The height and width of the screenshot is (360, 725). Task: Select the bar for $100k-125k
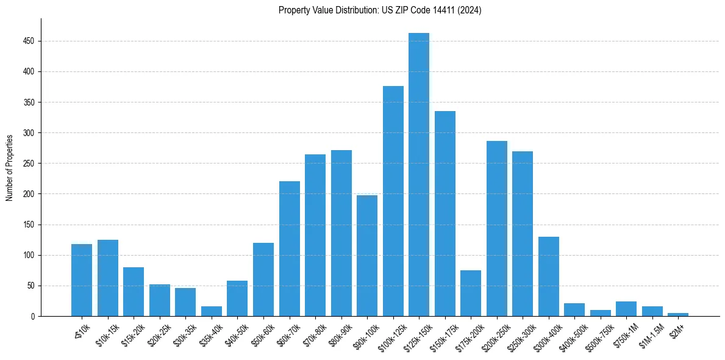tap(393, 201)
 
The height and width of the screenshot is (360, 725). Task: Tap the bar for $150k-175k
tap(445, 214)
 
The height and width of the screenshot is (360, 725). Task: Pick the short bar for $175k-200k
tap(471, 293)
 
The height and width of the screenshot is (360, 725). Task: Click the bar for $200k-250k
tap(497, 229)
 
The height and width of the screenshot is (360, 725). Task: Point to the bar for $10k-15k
tap(108, 278)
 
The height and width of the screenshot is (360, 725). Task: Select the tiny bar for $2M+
tap(678, 314)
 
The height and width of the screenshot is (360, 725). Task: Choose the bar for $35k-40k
tap(212, 311)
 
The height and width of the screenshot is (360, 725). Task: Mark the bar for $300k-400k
tap(549, 276)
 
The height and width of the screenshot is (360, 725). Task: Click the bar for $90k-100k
tap(367, 256)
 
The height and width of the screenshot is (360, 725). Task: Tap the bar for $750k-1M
tap(626, 309)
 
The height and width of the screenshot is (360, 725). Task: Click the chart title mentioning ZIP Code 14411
tap(380, 10)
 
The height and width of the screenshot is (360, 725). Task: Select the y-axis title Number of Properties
tap(10, 168)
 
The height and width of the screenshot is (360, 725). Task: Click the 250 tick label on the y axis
tap(30, 164)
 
